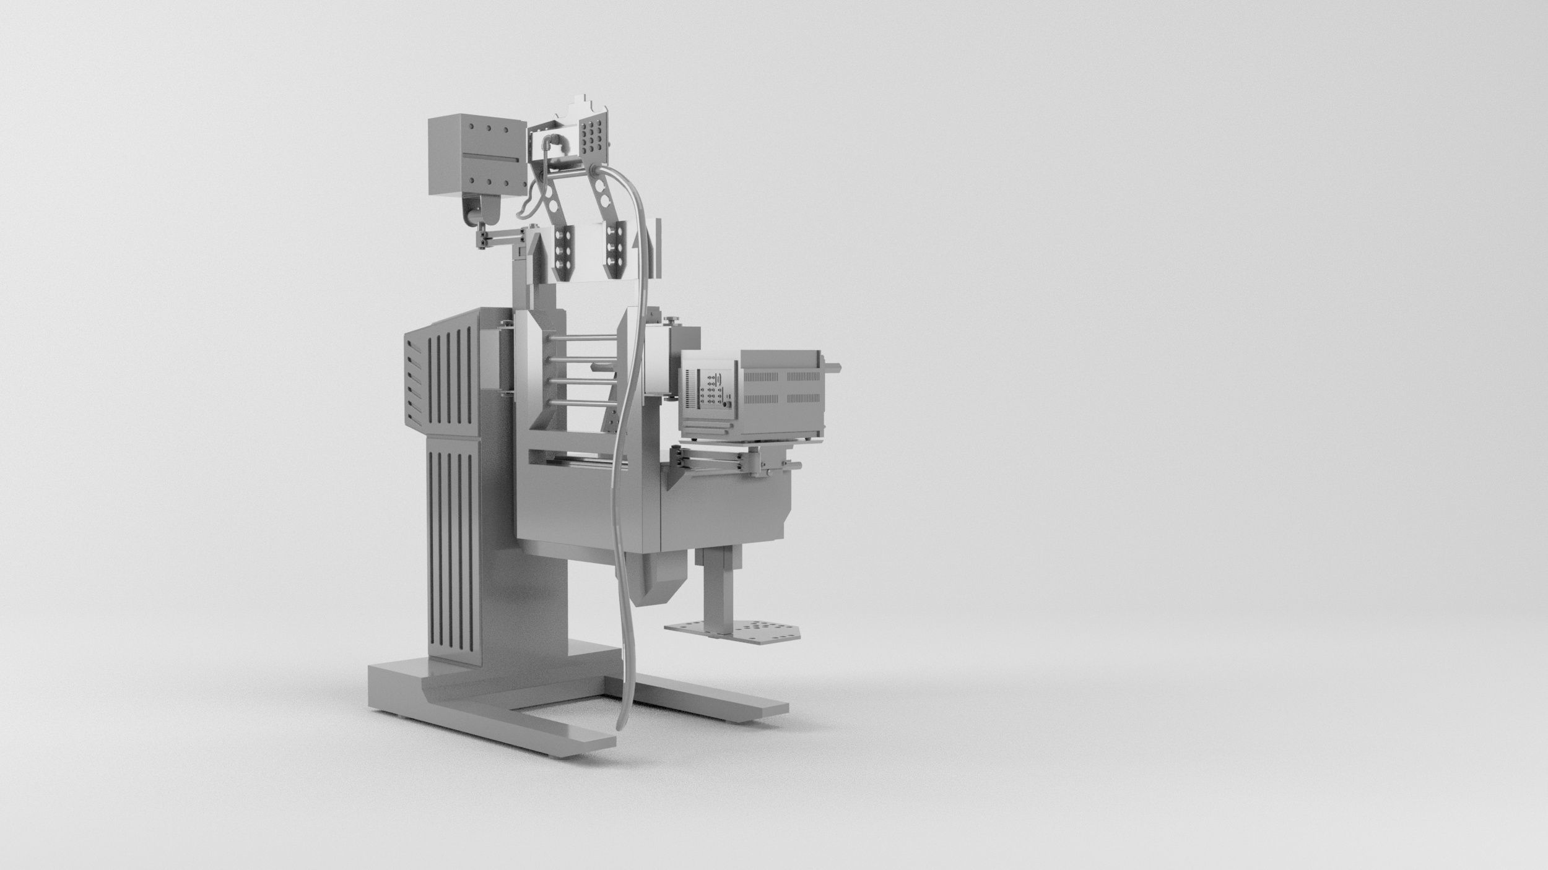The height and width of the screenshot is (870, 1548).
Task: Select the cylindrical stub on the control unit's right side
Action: (833, 366)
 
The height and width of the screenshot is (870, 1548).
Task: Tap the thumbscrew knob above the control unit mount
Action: (674, 319)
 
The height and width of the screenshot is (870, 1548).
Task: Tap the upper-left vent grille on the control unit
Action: (762, 377)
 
